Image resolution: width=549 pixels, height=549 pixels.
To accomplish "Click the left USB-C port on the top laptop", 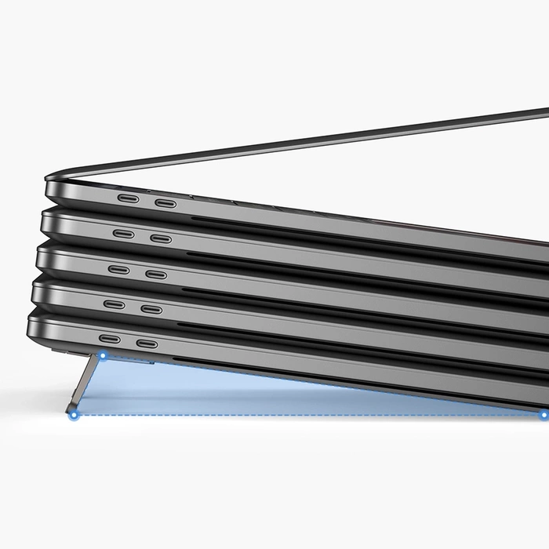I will (x=128, y=198).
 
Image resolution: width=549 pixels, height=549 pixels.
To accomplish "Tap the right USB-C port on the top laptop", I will (x=165, y=203).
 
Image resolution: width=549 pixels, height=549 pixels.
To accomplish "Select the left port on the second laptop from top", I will (x=123, y=233).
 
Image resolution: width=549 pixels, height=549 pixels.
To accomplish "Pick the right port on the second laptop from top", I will (x=161, y=238).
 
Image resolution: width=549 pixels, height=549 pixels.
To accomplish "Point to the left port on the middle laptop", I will (x=119, y=269).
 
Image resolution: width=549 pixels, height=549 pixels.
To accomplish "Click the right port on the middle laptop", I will (x=156, y=274).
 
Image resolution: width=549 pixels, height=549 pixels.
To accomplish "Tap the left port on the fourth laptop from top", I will (x=114, y=304).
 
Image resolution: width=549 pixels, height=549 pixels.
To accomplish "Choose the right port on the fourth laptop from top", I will (x=151, y=310).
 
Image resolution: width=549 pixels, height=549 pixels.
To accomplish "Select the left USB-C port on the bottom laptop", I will (x=109, y=339).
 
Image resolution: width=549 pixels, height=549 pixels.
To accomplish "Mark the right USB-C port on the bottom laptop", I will (x=147, y=344).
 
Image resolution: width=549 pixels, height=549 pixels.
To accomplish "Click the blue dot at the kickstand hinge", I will (x=102, y=355).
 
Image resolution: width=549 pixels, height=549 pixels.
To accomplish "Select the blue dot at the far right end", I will (x=543, y=414).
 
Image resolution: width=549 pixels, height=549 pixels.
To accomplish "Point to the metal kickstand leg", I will (x=87, y=384).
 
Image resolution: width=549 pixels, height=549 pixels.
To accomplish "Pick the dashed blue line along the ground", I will (x=314, y=415).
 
